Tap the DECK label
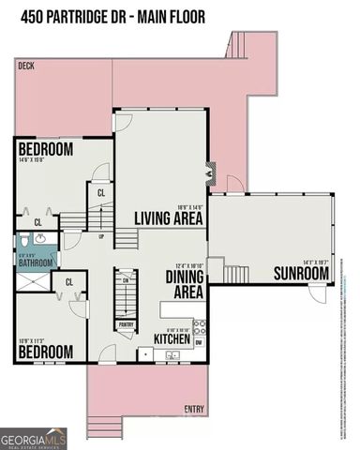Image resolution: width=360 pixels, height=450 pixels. [27, 67]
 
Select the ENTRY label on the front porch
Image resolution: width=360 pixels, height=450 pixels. [194, 409]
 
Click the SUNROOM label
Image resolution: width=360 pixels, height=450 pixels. [301, 274]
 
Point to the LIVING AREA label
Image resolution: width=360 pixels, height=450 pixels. [169, 219]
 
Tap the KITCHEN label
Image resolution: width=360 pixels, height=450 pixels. [172, 338]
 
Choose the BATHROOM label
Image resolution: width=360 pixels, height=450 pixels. [37, 264]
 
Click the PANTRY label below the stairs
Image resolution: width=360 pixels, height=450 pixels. [125, 325]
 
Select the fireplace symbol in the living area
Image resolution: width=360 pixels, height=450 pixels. [210, 175]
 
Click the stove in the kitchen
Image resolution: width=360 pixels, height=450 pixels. [145, 355]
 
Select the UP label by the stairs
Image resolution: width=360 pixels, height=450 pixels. [101, 236]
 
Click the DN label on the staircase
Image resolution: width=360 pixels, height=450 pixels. [124, 279]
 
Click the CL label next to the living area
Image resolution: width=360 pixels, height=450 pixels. [101, 193]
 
